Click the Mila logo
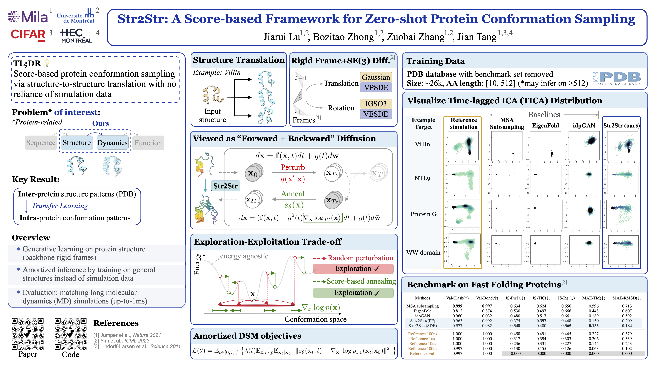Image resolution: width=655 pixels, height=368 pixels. (28, 17)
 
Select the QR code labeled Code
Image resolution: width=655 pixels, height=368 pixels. (71, 334)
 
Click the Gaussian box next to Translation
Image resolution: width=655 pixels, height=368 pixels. (376, 77)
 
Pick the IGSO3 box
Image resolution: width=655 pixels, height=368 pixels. (376, 104)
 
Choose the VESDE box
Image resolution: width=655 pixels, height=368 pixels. (376, 114)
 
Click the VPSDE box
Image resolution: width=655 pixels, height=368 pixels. (376, 88)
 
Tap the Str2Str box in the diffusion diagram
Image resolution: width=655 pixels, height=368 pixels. (225, 186)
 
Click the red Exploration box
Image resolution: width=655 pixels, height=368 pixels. (353, 269)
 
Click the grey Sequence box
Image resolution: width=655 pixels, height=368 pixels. (41, 143)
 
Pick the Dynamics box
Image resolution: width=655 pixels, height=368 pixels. (112, 143)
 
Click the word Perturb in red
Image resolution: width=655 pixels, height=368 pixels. (292, 167)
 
